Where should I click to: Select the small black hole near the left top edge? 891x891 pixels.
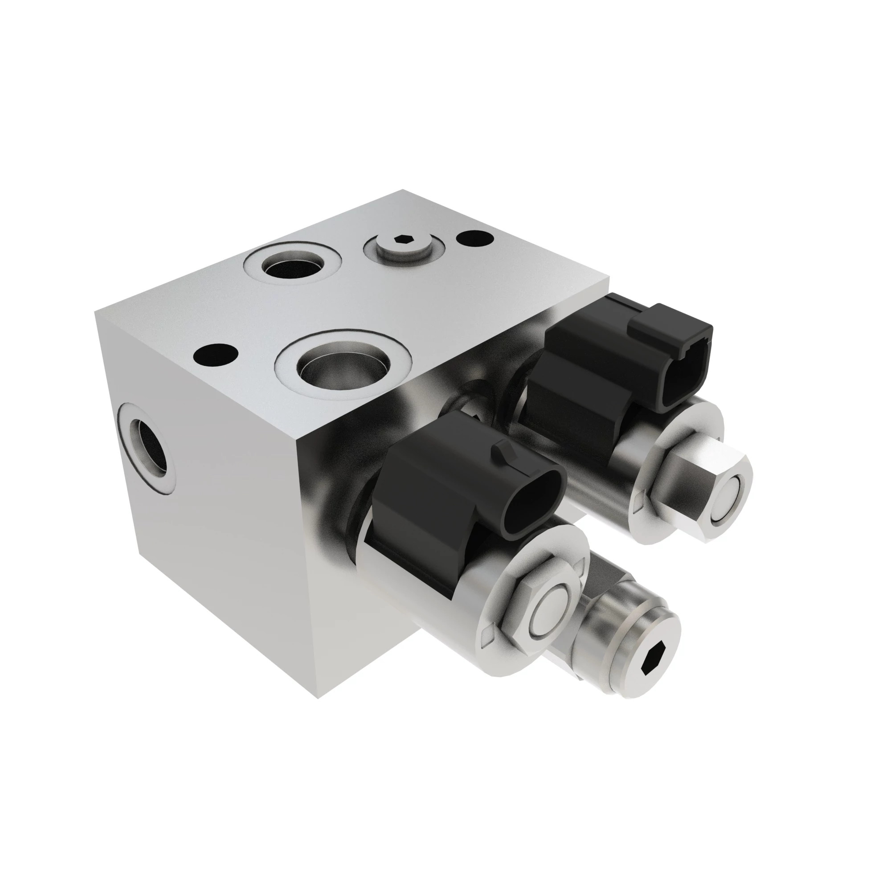pos(215,354)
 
